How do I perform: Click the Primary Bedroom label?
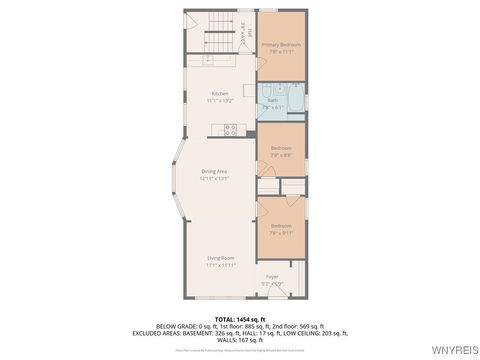(x=281, y=45)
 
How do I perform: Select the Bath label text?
(x=272, y=100)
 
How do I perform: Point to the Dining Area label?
(x=215, y=171)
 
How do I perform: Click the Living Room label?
(x=220, y=258)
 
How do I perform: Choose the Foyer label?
(x=271, y=276)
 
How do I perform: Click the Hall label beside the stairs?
(x=240, y=36)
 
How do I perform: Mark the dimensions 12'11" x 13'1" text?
(x=215, y=178)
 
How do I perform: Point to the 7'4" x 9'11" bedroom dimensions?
(x=281, y=232)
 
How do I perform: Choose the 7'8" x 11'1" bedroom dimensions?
(x=281, y=52)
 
